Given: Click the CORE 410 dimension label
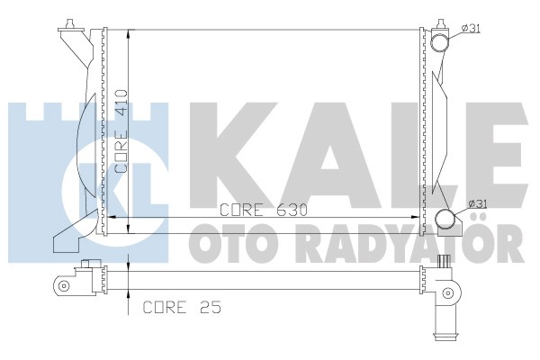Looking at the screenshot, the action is (121, 131).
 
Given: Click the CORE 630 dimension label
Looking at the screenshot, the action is (264, 210).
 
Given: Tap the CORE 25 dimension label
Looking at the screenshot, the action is (182, 307).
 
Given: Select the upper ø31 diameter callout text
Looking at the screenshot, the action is (471, 28).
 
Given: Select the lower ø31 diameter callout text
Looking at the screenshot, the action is (478, 204).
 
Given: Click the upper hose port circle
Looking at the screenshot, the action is (440, 42).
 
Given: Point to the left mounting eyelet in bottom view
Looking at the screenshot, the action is (63, 285).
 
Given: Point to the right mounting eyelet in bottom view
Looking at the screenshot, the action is (448, 292).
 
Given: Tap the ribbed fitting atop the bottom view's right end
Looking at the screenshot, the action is (445, 262).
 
